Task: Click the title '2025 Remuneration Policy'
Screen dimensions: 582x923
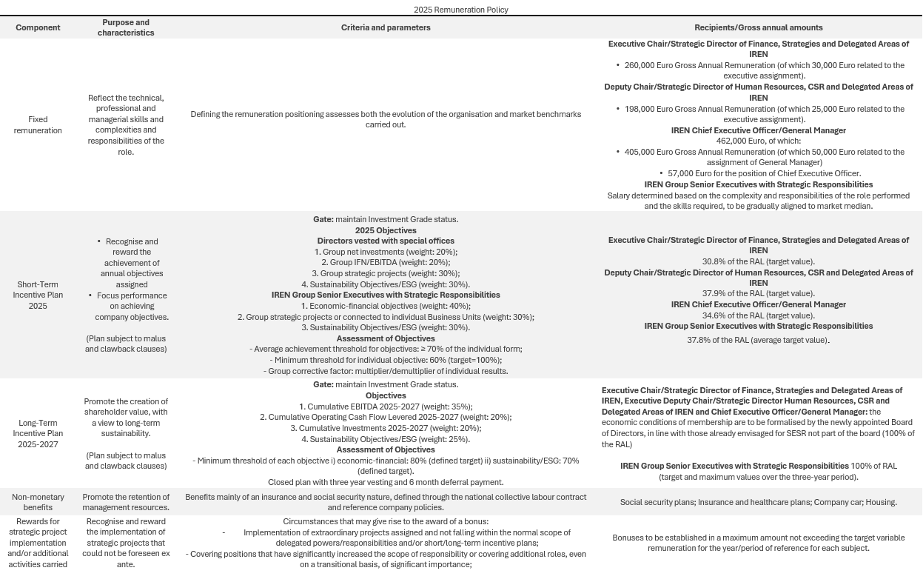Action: click(460, 10)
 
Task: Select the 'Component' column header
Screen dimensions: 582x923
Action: click(38, 27)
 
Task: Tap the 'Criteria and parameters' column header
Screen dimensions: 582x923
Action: click(385, 27)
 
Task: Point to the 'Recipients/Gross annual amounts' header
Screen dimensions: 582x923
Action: click(758, 27)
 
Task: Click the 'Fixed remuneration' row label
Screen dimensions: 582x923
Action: click(38, 124)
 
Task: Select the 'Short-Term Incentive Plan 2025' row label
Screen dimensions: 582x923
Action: click(38, 295)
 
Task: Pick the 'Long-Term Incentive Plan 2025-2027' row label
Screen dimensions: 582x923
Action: click(38, 433)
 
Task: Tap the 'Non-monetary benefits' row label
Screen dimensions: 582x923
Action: click(38, 502)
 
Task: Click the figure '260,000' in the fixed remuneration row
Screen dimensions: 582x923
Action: click(641, 65)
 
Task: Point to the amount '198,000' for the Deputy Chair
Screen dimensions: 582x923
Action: click(641, 109)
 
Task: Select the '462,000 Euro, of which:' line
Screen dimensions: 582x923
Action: click(758, 141)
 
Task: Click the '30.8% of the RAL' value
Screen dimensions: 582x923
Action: click(758, 261)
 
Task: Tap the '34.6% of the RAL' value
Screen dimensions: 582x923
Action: click(758, 315)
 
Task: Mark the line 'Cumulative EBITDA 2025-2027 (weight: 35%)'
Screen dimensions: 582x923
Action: click(386, 407)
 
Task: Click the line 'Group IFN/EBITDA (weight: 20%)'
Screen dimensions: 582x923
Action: click(386, 262)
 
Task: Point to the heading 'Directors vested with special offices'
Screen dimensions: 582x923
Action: click(386, 241)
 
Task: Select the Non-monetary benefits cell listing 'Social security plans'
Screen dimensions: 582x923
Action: click(758, 502)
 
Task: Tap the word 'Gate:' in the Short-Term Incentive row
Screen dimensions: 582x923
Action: click(323, 219)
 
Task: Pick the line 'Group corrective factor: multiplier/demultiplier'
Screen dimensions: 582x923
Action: click(386, 371)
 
